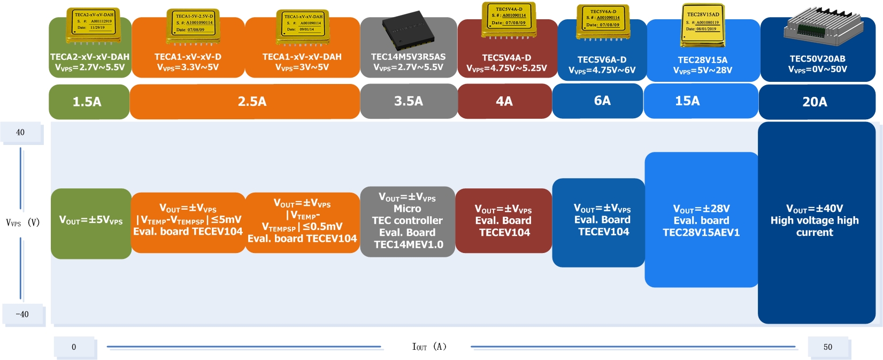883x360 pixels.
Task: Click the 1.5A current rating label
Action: [87, 102]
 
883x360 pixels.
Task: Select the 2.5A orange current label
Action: [252, 102]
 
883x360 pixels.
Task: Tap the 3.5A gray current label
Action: [409, 101]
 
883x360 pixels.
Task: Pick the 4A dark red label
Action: [504, 101]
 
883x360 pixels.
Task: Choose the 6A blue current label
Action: [602, 101]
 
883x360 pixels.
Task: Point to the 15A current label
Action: [687, 101]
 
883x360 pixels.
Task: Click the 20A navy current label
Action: [815, 102]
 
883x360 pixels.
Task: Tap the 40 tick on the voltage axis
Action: [20, 132]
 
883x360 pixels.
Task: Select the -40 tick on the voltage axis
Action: [22, 314]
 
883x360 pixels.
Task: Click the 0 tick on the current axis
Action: [74, 347]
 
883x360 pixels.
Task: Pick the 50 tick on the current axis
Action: [827, 347]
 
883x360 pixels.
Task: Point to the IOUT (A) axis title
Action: [429, 347]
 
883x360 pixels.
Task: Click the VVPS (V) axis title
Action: [22, 223]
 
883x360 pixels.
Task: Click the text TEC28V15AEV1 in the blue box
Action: [701, 233]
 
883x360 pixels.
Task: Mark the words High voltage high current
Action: [815, 226]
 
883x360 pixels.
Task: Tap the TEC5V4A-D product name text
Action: [506, 58]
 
